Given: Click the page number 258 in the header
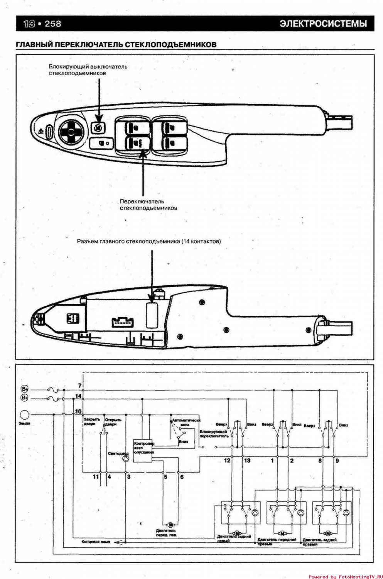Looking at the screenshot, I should [x=53, y=24].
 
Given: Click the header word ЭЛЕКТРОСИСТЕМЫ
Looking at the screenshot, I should [x=323, y=24].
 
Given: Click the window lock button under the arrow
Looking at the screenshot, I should [x=98, y=127].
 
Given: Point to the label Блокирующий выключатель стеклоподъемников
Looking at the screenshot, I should [x=88, y=69].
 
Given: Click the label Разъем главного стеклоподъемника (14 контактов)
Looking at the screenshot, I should [x=149, y=241].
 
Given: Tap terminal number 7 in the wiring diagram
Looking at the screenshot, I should [x=80, y=386].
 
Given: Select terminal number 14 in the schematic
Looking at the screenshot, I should [x=78, y=396].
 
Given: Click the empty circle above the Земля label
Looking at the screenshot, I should [x=24, y=415].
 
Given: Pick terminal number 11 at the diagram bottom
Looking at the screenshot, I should [x=96, y=477].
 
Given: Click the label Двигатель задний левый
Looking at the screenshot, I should [x=234, y=538].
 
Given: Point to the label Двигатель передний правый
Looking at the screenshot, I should [x=277, y=542].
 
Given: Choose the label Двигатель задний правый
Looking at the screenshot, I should [x=319, y=542].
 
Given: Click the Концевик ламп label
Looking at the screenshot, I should [x=96, y=542].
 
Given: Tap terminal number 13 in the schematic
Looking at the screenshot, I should [x=247, y=460].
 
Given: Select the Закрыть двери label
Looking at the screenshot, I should [x=91, y=422].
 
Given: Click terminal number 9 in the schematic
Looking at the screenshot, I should [x=337, y=460].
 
